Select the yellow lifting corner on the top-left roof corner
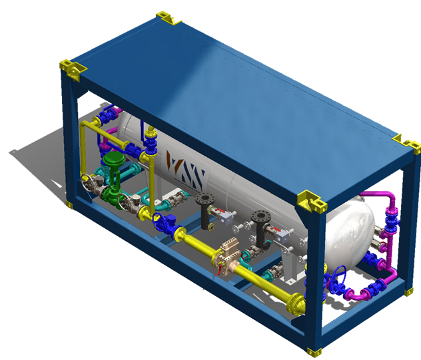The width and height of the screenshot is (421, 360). tap(70, 68)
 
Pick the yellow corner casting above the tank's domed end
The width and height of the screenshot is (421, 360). tap(310, 199)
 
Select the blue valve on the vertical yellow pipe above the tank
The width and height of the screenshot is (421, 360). tap(151, 143)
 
